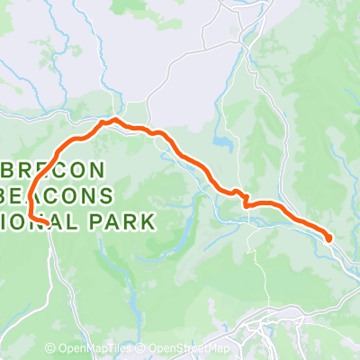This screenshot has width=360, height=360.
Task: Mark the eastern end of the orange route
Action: click(x=328, y=238)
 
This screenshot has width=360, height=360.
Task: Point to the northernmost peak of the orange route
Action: click(x=113, y=120)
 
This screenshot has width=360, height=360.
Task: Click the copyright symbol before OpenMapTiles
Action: click(x=50, y=348)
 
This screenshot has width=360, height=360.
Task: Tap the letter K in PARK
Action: click(x=147, y=220)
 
